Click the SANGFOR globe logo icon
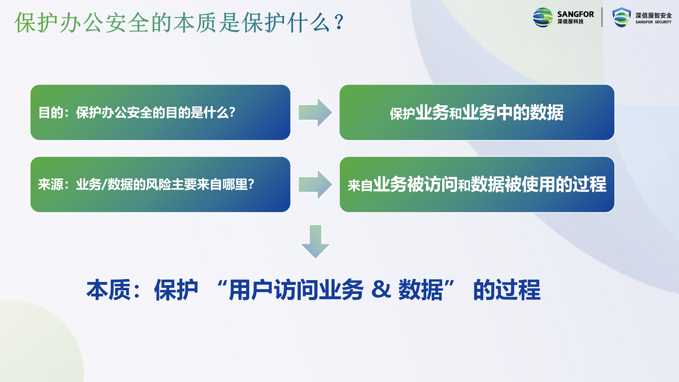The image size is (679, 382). pos(543,18)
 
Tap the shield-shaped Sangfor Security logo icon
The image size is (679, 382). pos(621,17)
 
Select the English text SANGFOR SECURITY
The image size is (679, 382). pos(653,22)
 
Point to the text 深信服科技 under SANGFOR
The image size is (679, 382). pos(570,21)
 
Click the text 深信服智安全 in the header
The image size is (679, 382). pos(654,15)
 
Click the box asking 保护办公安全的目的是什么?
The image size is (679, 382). pos(160,112)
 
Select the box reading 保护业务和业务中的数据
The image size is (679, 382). pos(477,112)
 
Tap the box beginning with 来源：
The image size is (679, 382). pos(160,184)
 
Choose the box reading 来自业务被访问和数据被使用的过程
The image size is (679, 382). pos(477,184)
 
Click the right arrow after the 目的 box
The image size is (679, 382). pos(315,112)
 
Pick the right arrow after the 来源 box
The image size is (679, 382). pos(315,184)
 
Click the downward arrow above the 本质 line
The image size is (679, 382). pos(315,241)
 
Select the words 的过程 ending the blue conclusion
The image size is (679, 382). pos(507,290)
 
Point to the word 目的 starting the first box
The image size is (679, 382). pos(51,112)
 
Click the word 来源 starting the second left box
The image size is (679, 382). pos(51,184)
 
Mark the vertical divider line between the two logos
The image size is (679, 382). pos(602,17)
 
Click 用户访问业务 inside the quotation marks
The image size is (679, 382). pos(296,290)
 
